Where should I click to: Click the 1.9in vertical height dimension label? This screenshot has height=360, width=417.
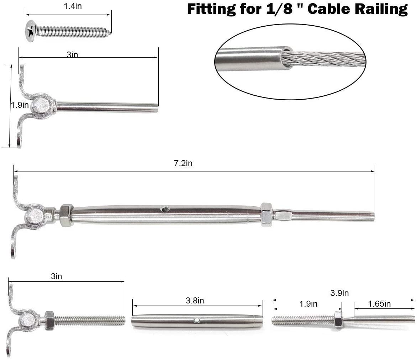pos(19,105)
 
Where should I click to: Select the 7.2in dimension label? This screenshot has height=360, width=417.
pos(184,163)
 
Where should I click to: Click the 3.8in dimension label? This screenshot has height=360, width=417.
pos(195,301)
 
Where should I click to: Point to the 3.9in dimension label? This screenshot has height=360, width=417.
pos(339,293)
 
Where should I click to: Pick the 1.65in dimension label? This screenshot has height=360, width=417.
pos(379,304)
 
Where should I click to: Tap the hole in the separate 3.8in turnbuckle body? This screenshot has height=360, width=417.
pos(197,321)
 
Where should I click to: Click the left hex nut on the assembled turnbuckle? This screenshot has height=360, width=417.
pos(66,215)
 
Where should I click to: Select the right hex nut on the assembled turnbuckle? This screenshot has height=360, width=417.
pos(266,215)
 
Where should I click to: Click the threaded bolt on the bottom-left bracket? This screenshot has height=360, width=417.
pos(89,321)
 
